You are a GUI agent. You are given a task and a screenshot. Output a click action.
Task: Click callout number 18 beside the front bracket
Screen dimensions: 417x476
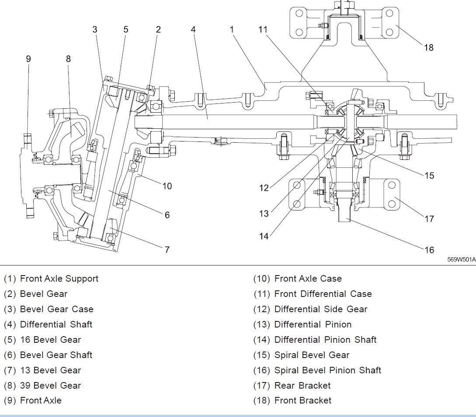429,47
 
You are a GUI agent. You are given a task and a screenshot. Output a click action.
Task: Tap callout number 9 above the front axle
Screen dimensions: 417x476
28,59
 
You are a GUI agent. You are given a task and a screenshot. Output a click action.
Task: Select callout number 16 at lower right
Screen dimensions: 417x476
429,249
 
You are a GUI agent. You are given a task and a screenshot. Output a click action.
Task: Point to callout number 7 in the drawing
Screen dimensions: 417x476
167,249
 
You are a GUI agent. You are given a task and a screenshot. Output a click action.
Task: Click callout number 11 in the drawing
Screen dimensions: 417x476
263,29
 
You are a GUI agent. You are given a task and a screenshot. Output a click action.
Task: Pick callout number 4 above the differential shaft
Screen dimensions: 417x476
193,29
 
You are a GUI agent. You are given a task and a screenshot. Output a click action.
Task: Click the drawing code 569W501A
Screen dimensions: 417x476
461,259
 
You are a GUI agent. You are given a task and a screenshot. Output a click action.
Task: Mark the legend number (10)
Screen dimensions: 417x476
262,279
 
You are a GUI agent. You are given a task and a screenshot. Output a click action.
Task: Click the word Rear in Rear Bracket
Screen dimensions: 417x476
284,386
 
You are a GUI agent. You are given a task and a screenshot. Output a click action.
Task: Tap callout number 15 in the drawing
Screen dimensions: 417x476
429,175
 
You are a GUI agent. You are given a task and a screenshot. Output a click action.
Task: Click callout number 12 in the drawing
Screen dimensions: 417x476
264,188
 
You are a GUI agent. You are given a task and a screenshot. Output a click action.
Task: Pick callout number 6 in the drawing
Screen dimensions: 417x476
167,215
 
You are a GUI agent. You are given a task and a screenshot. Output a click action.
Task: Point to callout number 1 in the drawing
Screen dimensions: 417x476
232,29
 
